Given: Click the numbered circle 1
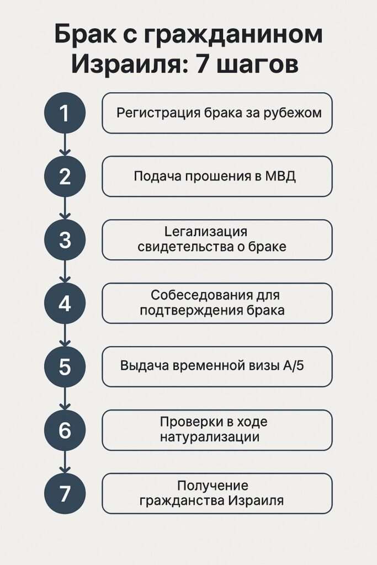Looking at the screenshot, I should pyautogui.click(x=65, y=113).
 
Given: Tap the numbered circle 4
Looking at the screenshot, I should pyautogui.click(x=65, y=303).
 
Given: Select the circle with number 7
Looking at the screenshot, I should pyautogui.click(x=65, y=493).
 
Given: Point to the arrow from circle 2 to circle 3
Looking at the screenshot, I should pyautogui.click(x=65, y=209).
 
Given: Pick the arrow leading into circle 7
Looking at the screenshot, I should pyautogui.click(x=65, y=462).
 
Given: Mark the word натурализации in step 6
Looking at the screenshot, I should pyautogui.click(x=210, y=438).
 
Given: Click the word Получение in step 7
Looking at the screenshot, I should pyautogui.click(x=213, y=486).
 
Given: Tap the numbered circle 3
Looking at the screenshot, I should pyautogui.click(x=65, y=240).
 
